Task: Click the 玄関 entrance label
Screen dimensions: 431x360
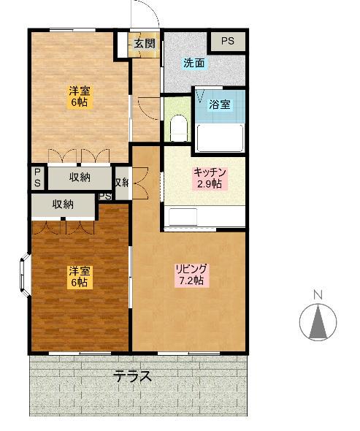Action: point(144,43)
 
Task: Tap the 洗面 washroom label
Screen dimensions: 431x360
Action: point(194,63)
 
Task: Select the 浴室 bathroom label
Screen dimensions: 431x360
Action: point(219,104)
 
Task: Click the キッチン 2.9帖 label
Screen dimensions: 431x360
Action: point(210,178)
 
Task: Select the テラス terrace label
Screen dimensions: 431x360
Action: point(132,378)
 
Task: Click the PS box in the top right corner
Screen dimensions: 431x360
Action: point(228,42)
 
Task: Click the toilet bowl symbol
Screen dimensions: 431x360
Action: point(179,130)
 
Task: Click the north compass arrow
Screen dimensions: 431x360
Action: point(318,321)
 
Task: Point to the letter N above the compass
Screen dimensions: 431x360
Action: point(318,294)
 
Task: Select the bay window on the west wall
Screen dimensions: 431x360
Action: point(25,275)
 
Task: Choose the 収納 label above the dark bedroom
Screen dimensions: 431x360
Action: point(63,205)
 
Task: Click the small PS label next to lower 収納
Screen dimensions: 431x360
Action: point(104,197)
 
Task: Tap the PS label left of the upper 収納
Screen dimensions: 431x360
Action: point(37,178)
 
